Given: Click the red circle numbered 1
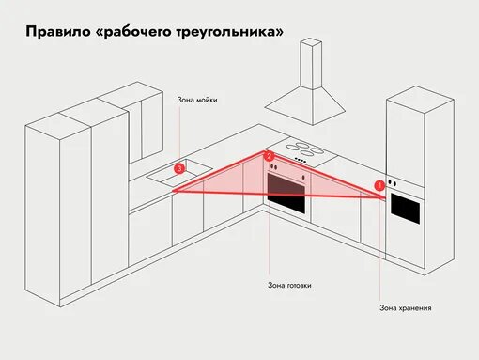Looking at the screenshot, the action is [x=379, y=185].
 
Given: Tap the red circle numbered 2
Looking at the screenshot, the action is [x=269, y=156].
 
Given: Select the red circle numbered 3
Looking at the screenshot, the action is [x=179, y=169].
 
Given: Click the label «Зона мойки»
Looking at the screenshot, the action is [x=197, y=100].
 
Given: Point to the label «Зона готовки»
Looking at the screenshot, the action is [x=289, y=286].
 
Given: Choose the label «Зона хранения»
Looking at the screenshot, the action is [x=406, y=308].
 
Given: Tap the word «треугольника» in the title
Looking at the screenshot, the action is [x=224, y=33].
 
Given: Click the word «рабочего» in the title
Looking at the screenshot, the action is [x=133, y=33].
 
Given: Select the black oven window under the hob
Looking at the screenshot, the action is [x=286, y=194].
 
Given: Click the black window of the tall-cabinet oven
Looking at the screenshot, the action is [x=405, y=208].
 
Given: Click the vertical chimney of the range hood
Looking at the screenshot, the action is [x=311, y=64].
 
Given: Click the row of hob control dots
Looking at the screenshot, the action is [x=301, y=160].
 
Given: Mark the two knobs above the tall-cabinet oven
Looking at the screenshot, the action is [x=392, y=182].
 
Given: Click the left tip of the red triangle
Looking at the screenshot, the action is [x=172, y=191].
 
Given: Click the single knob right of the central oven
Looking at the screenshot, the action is [x=303, y=178].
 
